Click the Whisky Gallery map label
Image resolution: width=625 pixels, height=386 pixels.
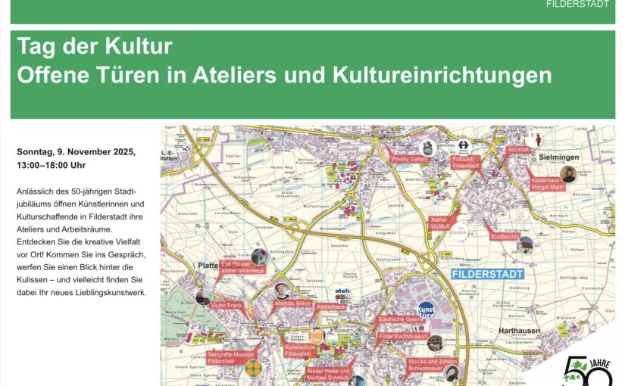pos(409,160)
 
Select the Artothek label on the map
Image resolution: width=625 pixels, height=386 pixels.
pos(518,150)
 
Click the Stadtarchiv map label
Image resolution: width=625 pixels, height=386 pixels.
pos(503,237)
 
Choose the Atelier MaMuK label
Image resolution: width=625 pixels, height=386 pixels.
pos(440,223)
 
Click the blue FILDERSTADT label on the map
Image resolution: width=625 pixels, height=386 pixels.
pos(488,275)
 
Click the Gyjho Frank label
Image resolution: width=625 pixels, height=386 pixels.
pos(226,305)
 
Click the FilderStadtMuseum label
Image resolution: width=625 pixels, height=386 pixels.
pos(403,336)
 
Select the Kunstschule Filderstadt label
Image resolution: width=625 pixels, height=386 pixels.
pos(298,350)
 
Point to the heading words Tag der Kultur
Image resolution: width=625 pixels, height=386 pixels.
pos(95,47)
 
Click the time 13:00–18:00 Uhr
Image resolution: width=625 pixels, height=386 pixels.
pos(52,165)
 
